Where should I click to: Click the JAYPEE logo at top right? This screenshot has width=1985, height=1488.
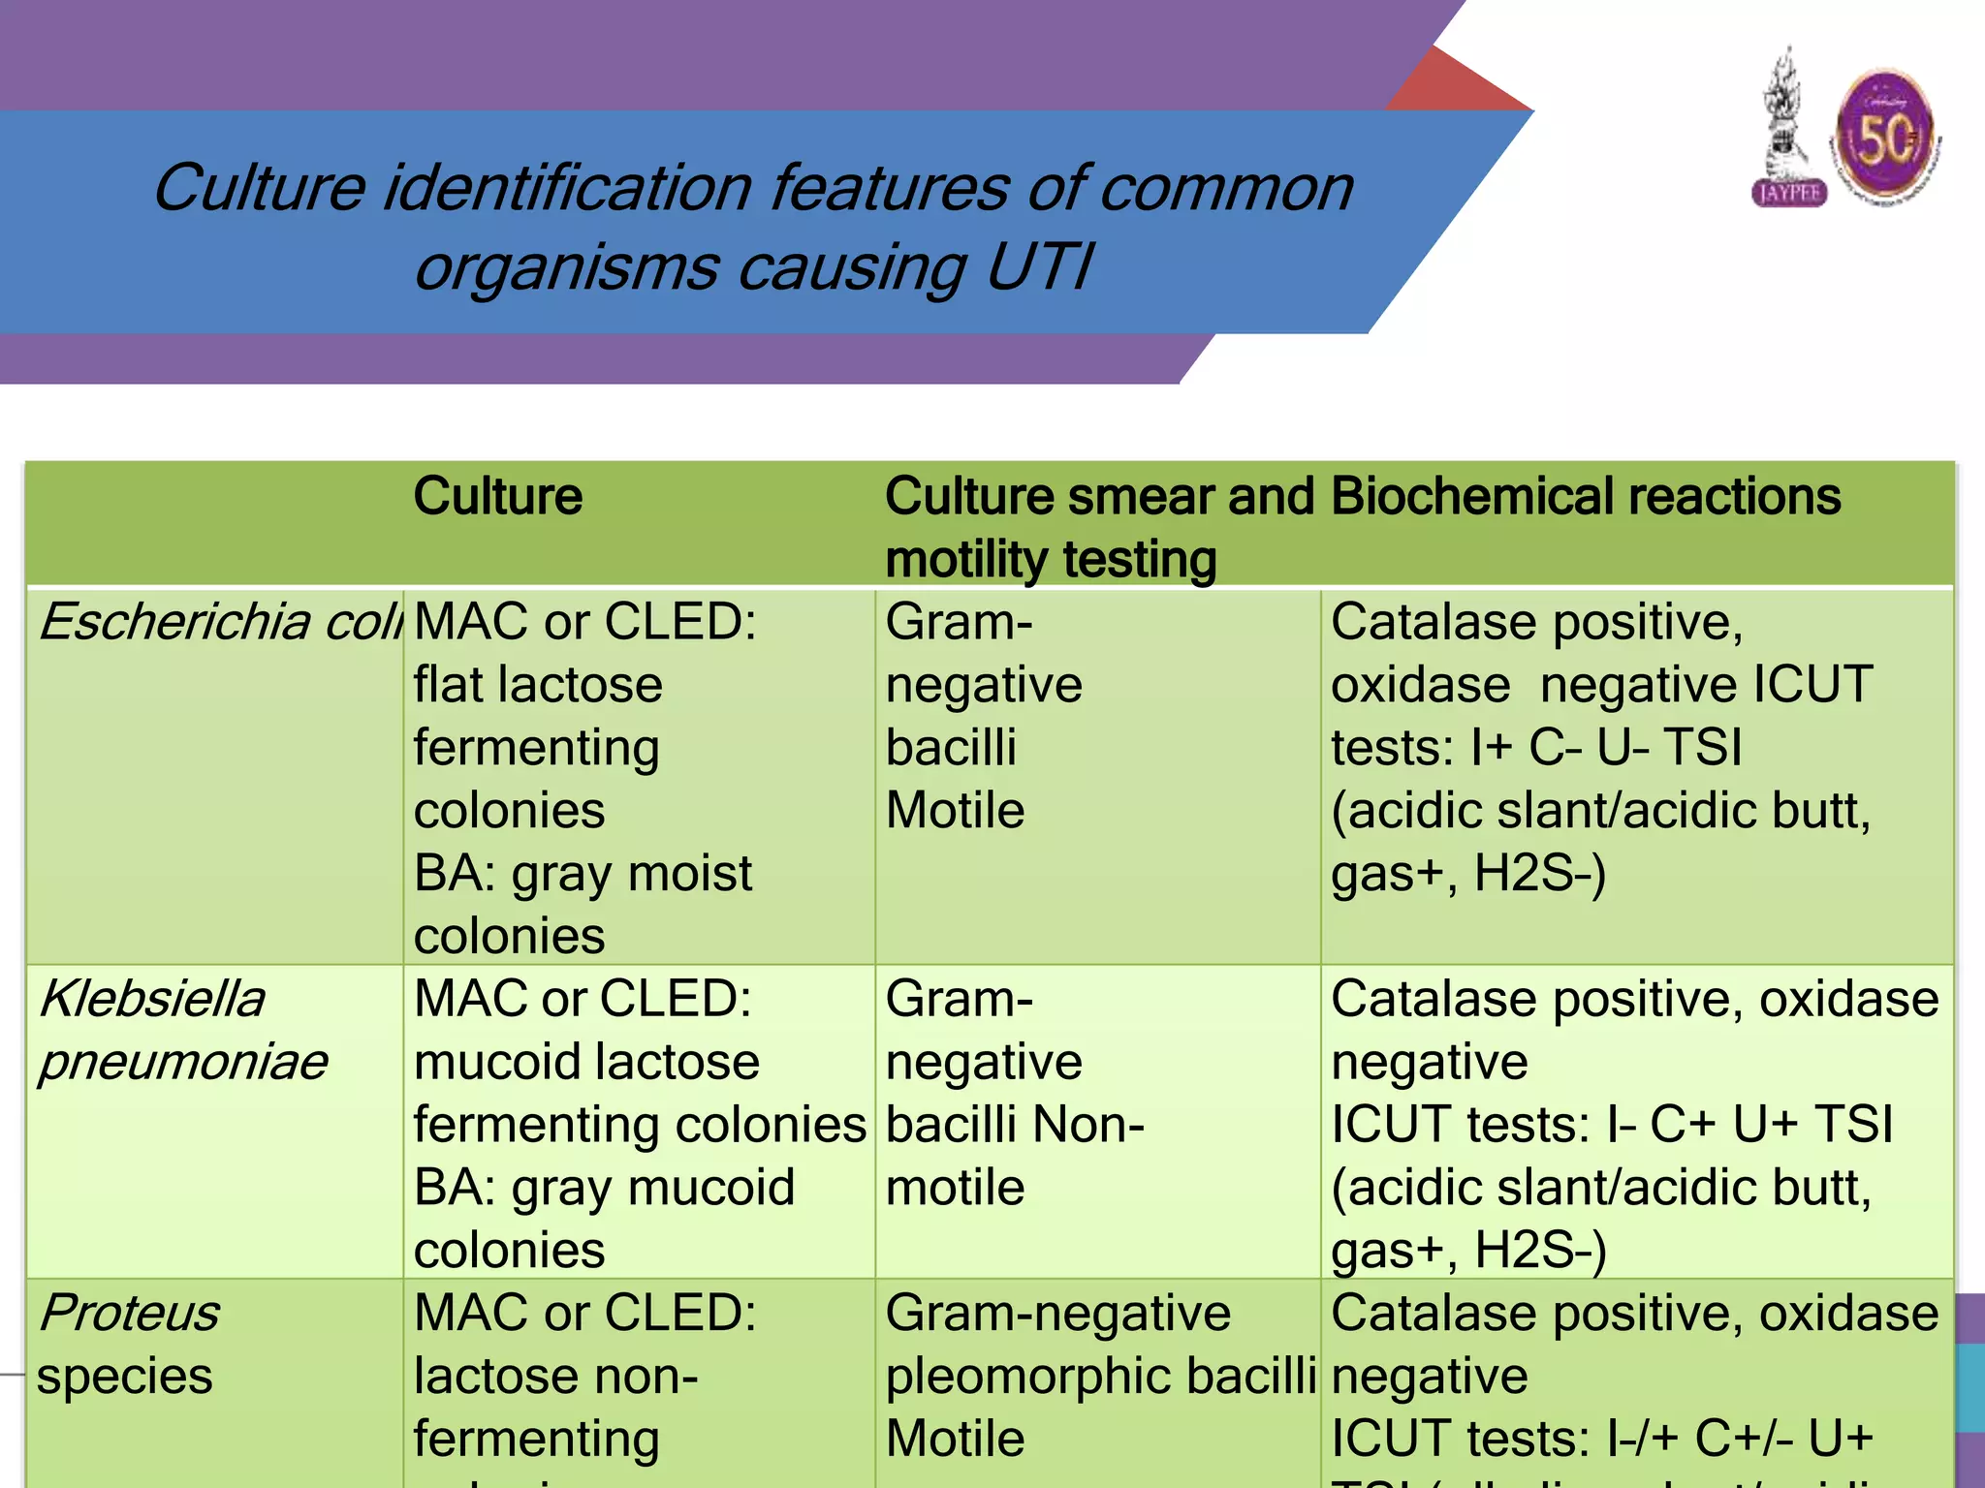[x=1789, y=131]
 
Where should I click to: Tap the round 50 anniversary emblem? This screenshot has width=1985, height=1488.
[x=1886, y=136]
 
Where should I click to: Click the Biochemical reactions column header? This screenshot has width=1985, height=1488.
[x=1586, y=496]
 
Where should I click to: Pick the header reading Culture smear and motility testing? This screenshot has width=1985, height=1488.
[x=1099, y=528]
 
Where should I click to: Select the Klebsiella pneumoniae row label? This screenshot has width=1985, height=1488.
[x=182, y=1030]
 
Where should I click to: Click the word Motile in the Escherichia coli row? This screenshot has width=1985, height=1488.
[x=955, y=811]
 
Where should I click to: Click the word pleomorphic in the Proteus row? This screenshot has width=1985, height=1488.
[x=1029, y=1377]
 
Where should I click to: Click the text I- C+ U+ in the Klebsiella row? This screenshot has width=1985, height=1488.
[x=1702, y=1125]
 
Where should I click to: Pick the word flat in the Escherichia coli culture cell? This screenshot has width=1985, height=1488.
[x=448, y=685]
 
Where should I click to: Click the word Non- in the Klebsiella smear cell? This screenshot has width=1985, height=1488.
[x=1088, y=1125]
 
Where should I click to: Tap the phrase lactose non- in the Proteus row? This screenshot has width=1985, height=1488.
[x=555, y=1377]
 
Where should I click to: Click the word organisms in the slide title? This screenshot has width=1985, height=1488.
[x=567, y=267]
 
